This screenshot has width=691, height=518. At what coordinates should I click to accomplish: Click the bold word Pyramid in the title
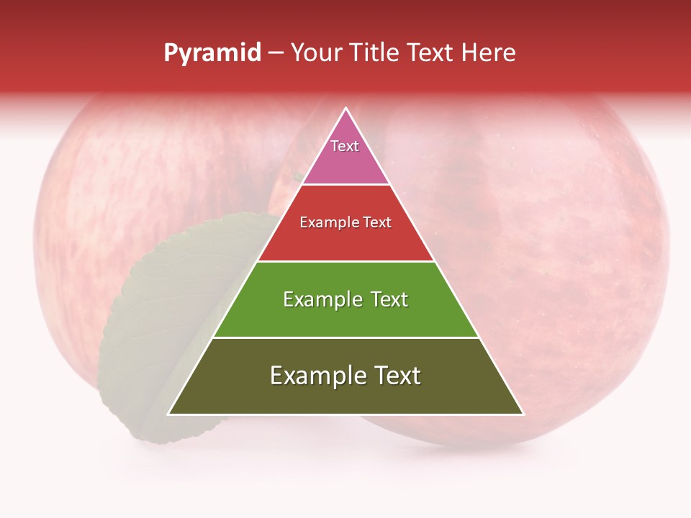click(212, 53)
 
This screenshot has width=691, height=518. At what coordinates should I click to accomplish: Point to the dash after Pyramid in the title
click(276, 53)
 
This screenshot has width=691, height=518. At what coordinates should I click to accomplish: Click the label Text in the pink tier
click(345, 146)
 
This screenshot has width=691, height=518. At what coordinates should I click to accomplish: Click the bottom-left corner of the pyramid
click(169, 414)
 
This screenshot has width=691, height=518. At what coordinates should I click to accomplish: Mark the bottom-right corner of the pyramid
click(523, 414)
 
